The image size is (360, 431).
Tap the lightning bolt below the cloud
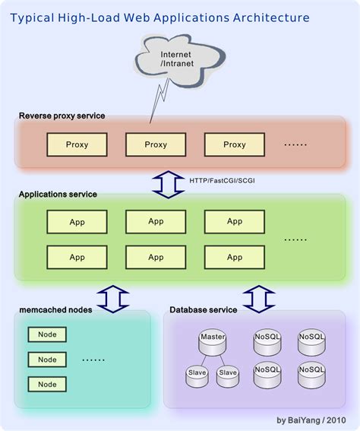[x=156, y=103]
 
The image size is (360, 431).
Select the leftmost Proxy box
[x=77, y=144]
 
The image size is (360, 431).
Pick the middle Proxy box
[x=156, y=144]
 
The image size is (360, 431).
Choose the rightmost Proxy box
[x=234, y=144]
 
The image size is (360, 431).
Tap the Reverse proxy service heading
[x=62, y=116]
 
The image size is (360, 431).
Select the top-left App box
[x=77, y=221]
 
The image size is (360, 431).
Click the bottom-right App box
[x=234, y=257]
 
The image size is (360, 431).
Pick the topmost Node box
[x=47, y=334]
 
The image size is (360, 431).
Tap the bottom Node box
[x=47, y=384]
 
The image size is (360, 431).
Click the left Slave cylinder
[x=197, y=376]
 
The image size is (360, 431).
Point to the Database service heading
[x=203, y=310]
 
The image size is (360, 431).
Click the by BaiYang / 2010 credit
[x=311, y=420]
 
